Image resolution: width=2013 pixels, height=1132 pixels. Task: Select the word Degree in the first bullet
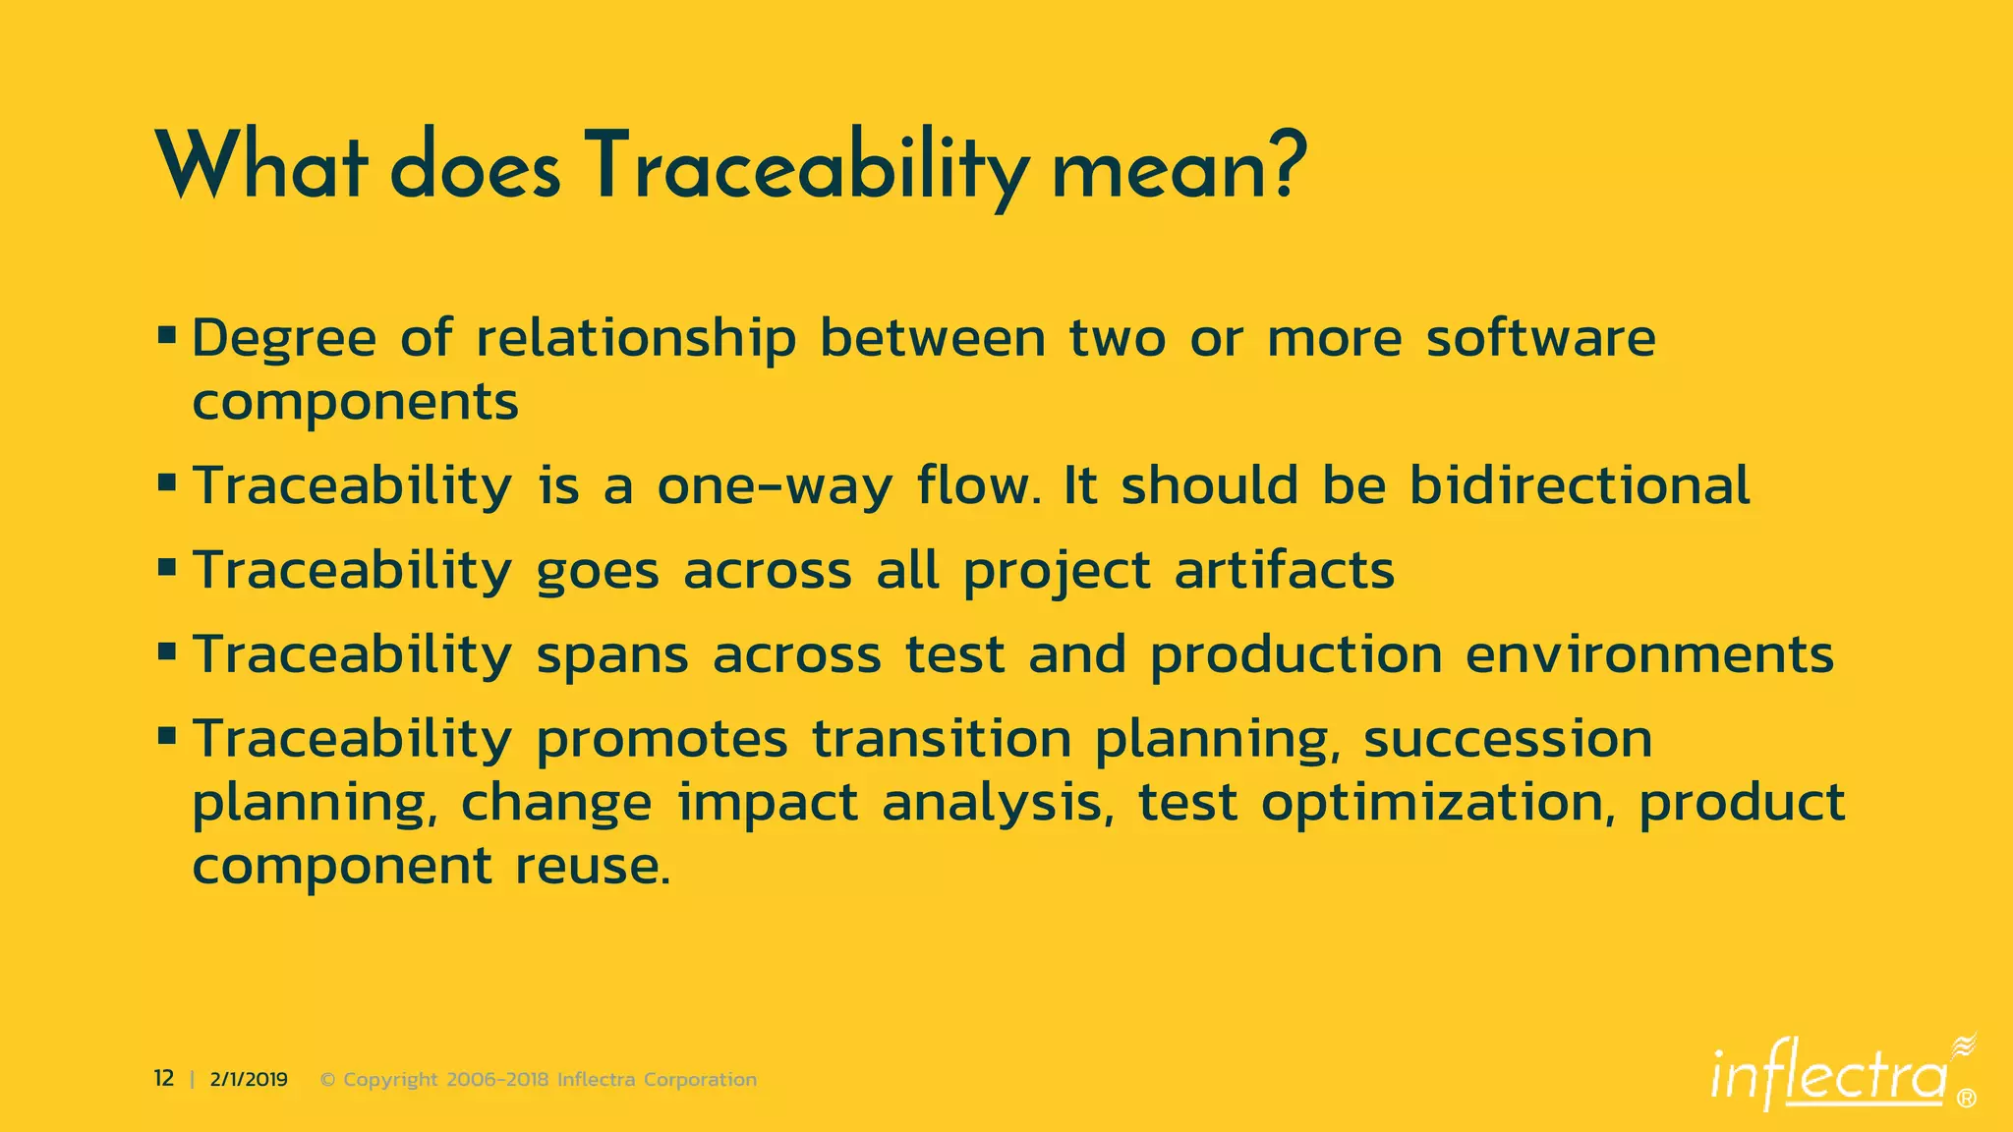coord(283,340)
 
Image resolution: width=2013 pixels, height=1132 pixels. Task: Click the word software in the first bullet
coord(1540,338)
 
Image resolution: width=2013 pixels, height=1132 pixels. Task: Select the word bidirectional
coord(1580,485)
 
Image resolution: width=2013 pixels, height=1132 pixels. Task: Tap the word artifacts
coord(1284,570)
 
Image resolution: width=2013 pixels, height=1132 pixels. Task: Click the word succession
coord(1507,739)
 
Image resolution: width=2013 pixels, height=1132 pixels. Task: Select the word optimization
coord(1431,804)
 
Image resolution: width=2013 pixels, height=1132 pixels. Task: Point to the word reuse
coord(593,867)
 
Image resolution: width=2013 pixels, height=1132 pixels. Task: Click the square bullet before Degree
coord(166,336)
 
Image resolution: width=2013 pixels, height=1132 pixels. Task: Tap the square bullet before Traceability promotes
coord(166,736)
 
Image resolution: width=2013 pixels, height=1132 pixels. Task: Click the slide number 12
coord(163,1079)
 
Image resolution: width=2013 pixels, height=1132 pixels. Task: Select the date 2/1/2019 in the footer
coord(249,1080)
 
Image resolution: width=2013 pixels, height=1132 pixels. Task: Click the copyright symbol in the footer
coord(328,1080)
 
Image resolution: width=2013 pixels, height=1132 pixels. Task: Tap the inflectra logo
coord(1829,1077)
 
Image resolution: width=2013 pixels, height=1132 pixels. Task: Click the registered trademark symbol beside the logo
coord(1966,1099)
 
